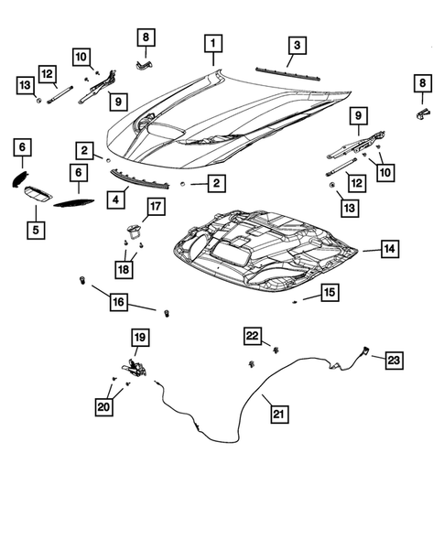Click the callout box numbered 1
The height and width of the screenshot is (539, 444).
(212, 43)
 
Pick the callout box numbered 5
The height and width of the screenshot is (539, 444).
(35, 229)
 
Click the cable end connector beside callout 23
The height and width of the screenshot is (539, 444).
(364, 349)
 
